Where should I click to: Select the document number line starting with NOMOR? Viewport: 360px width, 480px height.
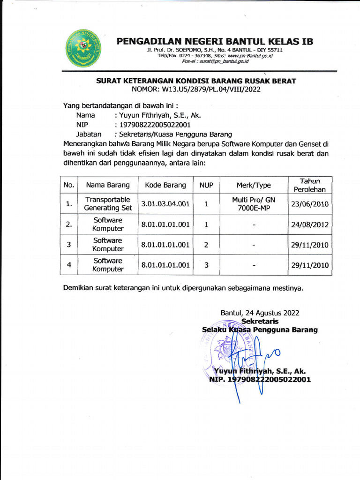pos(196,89)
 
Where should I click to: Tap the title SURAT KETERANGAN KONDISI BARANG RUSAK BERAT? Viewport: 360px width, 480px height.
pos(196,81)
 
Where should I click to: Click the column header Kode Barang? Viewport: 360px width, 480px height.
pos(165,185)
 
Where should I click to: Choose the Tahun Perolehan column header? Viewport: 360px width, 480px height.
pos(310,185)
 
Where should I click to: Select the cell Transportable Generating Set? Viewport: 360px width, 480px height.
pos(108,204)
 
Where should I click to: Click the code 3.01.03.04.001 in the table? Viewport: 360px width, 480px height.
pos(165,204)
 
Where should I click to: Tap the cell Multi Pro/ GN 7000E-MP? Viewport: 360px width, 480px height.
pos(254,204)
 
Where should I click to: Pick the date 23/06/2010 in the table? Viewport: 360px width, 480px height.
pos(310,204)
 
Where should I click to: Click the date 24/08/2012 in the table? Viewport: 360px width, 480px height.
pos(310,225)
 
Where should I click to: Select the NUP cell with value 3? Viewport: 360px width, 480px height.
pos(206,265)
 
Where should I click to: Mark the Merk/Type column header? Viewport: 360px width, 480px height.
pos(254,185)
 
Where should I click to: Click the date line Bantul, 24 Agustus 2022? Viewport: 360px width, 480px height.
pos(260,313)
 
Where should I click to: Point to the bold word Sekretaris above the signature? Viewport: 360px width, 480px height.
pos(260,322)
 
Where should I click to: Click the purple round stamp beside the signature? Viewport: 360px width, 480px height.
pos(230,349)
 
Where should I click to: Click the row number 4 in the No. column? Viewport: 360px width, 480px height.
pos(69,265)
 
